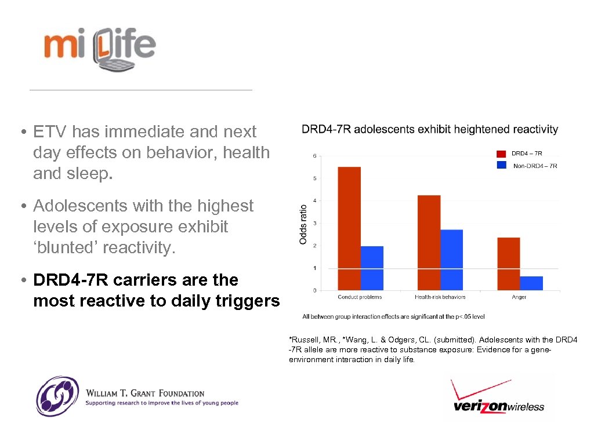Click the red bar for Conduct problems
[x=349, y=228]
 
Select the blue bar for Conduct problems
[x=372, y=268]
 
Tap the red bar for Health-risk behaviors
[x=429, y=243]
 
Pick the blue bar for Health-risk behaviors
[x=452, y=260]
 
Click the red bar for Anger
[x=509, y=264]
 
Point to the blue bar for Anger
[x=531, y=283]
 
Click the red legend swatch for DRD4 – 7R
[x=501, y=154]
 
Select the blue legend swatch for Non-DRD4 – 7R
[x=501, y=165]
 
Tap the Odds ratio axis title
[x=303, y=224]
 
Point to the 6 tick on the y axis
[x=315, y=156]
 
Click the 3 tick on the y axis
[x=315, y=223]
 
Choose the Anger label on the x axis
[x=519, y=297]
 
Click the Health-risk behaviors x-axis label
[x=440, y=297]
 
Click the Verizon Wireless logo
[x=498, y=397]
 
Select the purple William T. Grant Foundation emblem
[x=57, y=396]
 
